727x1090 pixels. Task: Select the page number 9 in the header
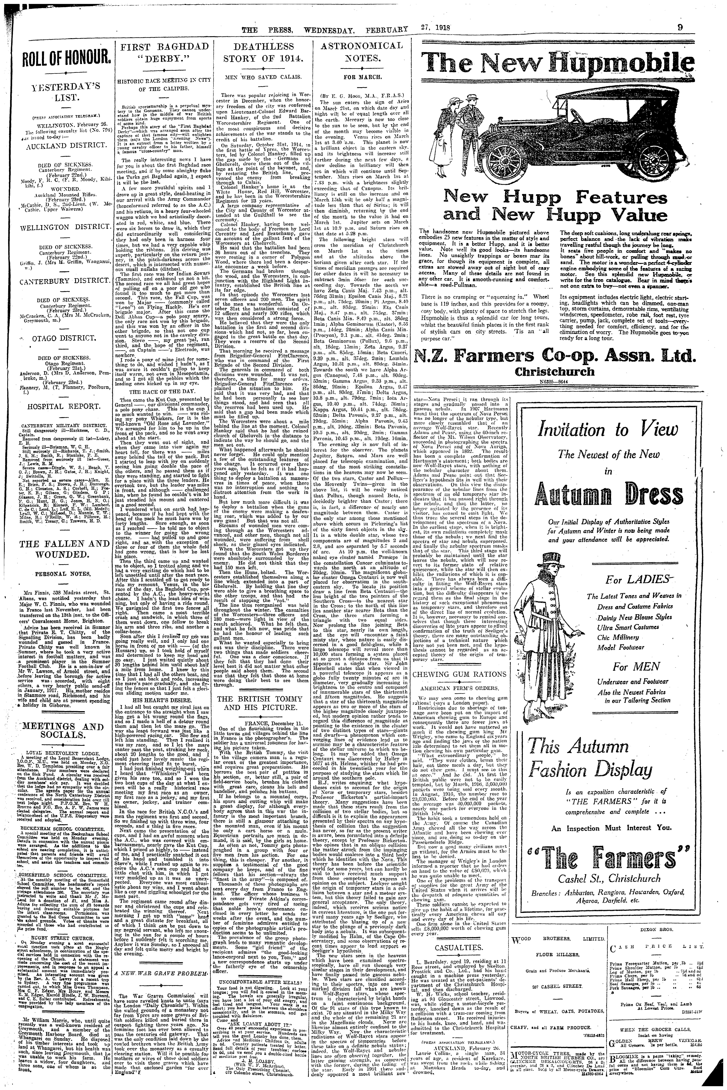point(680,28)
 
